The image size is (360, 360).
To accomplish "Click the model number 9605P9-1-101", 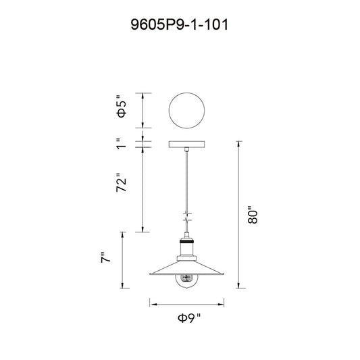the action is click(x=180, y=24).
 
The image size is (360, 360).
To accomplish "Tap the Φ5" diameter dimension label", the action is click(x=122, y=106).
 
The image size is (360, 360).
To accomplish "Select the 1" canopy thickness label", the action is click(x=122, y=144).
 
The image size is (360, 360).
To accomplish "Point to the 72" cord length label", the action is click(x=122, y=182).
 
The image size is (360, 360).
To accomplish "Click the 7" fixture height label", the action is click(x=106, y=257).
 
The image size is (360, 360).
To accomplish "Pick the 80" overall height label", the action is click(x=253, y=215).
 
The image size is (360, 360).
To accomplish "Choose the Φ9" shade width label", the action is click(x=189, y=318).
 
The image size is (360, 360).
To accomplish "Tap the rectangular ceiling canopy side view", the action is click(x=186, y=144).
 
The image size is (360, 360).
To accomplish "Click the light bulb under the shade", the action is click(x=186, y=282).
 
